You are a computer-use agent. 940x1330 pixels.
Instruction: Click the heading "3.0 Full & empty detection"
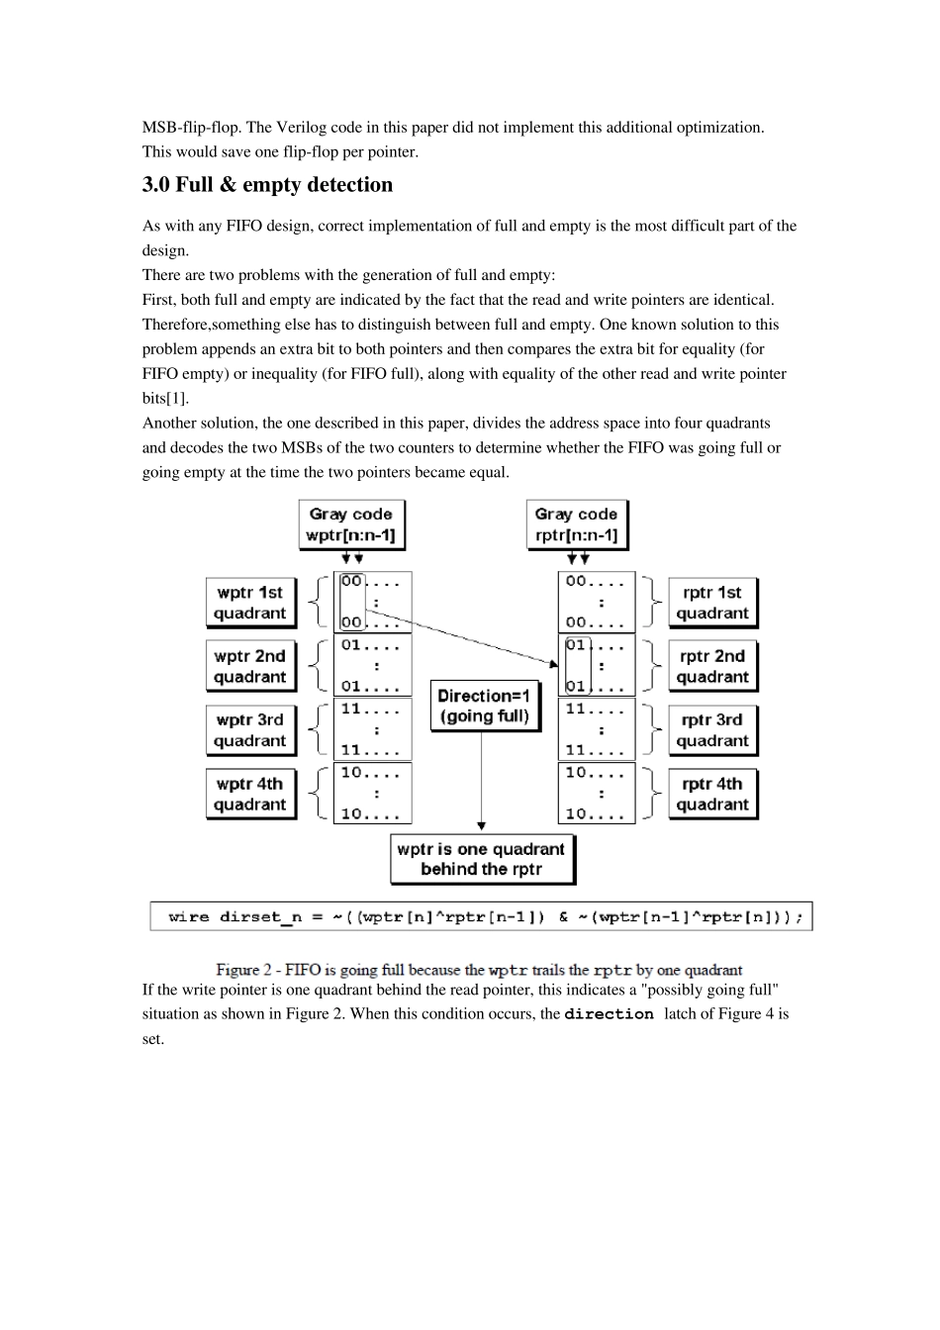tap(267, 185)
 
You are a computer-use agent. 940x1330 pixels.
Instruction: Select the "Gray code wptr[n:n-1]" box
tap(351, 524)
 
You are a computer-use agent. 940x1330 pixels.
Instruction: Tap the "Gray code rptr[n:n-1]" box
tap(576, 524)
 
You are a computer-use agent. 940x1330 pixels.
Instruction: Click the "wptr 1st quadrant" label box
tap(250, 603)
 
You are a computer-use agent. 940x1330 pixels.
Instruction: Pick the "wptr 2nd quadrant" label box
tap(250, 666)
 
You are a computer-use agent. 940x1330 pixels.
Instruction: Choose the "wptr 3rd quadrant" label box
tap(250, 730)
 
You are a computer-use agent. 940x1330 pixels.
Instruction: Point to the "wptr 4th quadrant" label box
tap(250, 794)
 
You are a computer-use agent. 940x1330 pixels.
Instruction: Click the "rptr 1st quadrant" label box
tap(712, 603)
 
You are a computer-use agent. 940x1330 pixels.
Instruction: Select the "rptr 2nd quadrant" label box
tap(712, 666)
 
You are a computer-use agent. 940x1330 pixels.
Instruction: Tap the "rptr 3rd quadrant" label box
tap(712, 730)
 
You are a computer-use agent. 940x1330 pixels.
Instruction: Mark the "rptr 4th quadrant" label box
tap(712, 794)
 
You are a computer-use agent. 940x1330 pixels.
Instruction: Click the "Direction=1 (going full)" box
tap(484, 706)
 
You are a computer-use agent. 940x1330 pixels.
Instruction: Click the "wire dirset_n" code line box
tap(481, 916)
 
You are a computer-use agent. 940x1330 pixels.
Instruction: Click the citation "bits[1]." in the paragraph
tap(165, 398)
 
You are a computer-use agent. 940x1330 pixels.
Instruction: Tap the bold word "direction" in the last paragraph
tap(609, 1014)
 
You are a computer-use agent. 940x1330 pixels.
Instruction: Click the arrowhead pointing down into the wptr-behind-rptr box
tap(482, 825)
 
